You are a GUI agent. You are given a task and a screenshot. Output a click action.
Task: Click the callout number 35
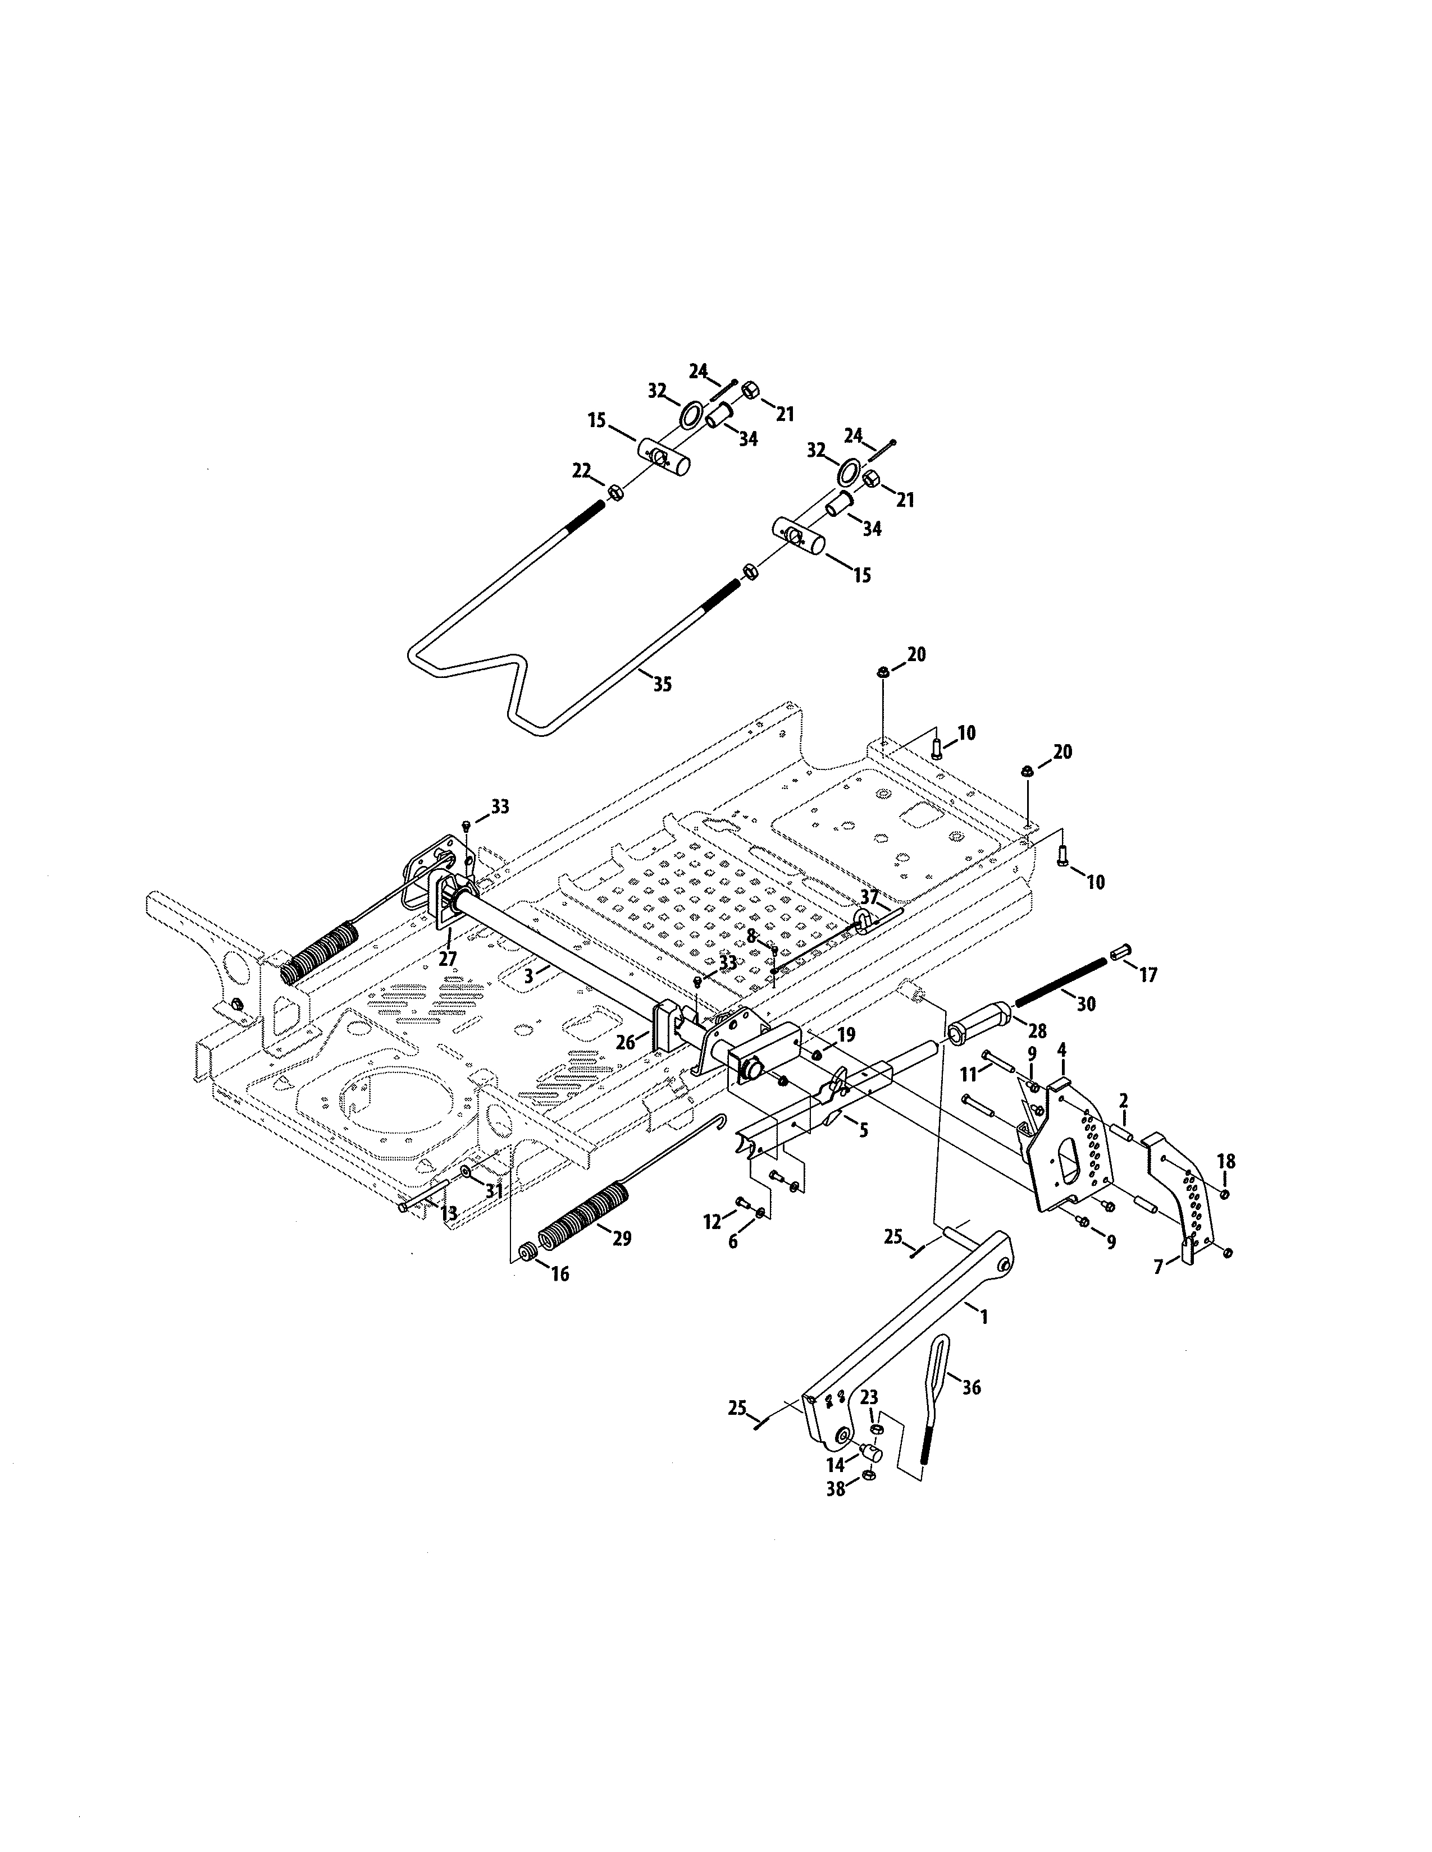coord(662,684)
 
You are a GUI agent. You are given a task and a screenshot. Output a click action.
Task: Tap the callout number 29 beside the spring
coord(621,1239)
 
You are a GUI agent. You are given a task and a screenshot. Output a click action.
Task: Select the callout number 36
coord(972,1387)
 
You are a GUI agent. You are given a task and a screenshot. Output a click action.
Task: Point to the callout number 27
coord(447,959)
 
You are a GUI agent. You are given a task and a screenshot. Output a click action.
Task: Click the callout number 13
coord(449,1214)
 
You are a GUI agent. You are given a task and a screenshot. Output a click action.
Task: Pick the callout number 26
coord(625,1042)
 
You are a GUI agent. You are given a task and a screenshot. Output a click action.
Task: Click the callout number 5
coord(864,1130)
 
